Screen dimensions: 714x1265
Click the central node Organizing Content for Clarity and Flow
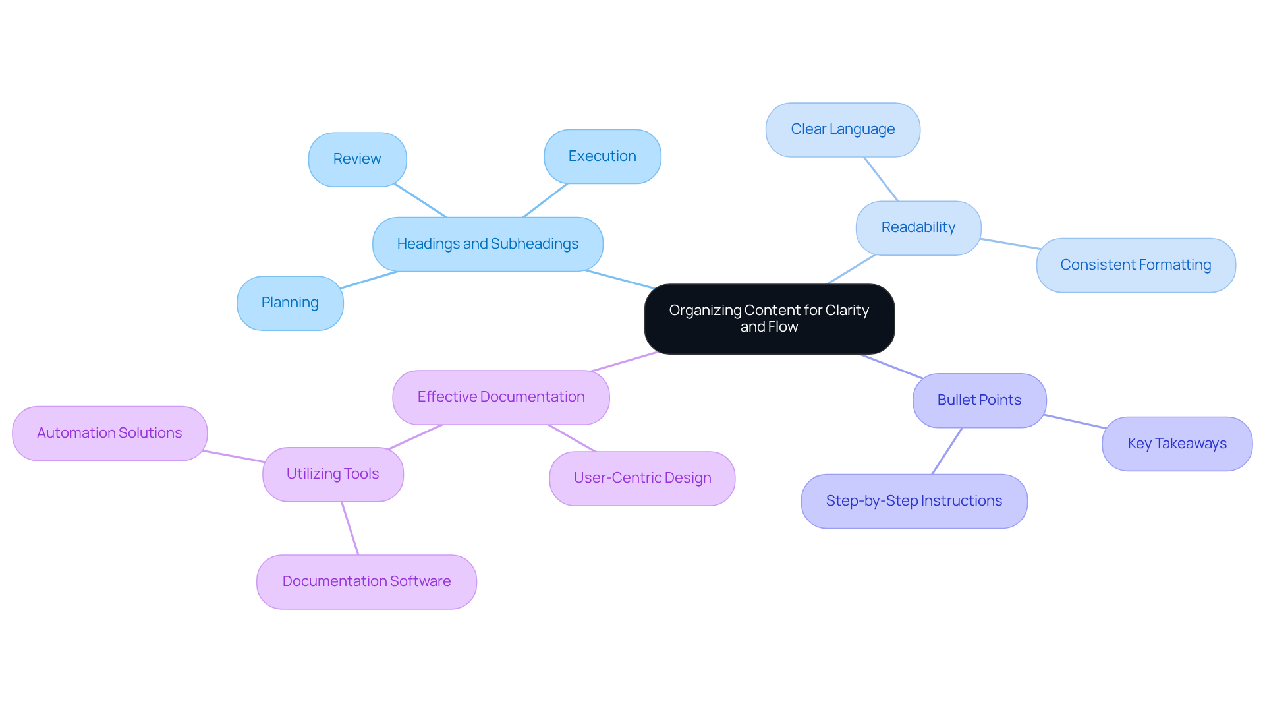[x=769, y=319]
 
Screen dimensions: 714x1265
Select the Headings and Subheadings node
[x=488, y=244]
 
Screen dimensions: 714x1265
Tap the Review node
[x=357, y=159]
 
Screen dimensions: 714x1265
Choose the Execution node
[x=602, y=156]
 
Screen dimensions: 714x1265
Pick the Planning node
[x=290, y=303]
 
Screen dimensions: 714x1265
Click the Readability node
[x=918, y=227]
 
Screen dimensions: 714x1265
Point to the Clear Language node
[x=843, y=129]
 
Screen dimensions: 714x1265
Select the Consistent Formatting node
[x=1135, y=265]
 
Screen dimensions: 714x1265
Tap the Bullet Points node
[x=979, y=400]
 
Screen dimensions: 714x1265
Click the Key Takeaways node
[x=1177, y=444]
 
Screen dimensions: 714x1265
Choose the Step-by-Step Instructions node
[x=914, y=501]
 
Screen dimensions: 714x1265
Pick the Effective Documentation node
[x=501, y=397]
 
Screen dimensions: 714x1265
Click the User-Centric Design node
[x=642, y=478]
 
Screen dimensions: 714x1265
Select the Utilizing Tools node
[x=333, y=474]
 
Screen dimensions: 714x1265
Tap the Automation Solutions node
[x=109, y=433]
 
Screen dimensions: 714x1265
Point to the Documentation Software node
[x=366, y=581]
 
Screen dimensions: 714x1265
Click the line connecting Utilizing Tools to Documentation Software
[x=350, y=528]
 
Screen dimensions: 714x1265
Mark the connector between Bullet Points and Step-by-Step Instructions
[x=947, y=451]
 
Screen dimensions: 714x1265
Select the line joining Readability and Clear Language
[x=881, y=179]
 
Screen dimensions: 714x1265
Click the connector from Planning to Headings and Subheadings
[x=370, y=280]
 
